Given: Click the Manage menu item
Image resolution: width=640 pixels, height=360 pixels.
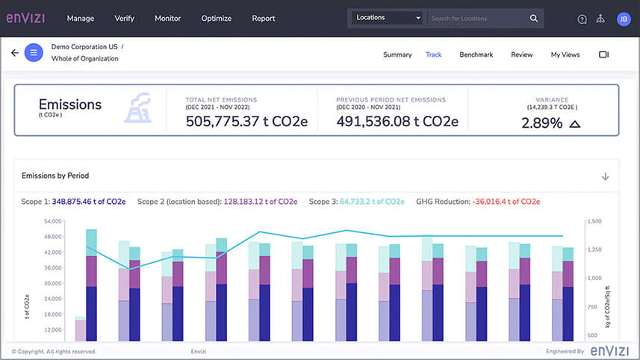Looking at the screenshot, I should click(x=81, y=18).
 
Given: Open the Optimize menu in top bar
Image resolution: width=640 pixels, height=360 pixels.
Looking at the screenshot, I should click(x=216, y=18).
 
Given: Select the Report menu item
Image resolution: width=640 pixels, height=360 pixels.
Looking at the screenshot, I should click(x=264, y=18).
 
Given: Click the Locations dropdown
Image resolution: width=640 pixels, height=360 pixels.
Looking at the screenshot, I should click(x=388, y=18).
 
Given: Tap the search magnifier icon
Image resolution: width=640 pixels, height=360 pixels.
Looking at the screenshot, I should click(x=534, y=18).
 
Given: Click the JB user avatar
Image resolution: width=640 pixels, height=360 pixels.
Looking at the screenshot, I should click(x=624, y=19).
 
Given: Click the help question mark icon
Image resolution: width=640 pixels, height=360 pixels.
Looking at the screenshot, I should click(x=582, y=19).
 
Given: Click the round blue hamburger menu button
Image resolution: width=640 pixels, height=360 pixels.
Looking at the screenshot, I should click(x=34, y=53).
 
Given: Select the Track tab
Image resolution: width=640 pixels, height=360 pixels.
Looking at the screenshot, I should click(x=433, y=55).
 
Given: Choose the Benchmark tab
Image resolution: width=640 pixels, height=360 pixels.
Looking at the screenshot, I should click(x=476, y=55).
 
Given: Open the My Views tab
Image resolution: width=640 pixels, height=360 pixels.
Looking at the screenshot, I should click(x=565, y=55).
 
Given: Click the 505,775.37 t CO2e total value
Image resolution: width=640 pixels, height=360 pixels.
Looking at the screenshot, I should click(x=246, y=122).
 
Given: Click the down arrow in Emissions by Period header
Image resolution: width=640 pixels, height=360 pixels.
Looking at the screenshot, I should click(x=605, y=176).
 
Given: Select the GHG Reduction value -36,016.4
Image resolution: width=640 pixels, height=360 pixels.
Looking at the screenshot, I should click(x=506, y=202).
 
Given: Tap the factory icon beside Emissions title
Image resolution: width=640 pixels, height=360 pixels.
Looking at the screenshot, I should click(x=138, y=109).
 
